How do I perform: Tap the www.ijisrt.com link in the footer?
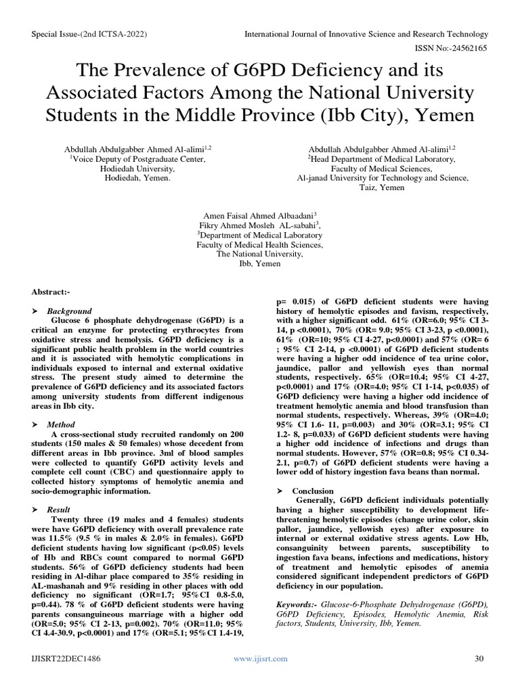point(260,658)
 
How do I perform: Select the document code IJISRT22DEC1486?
point(64,658)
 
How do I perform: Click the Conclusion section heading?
point(313,491)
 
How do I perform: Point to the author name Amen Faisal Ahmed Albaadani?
point(259,215)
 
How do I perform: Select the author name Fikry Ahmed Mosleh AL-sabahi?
point(259,225)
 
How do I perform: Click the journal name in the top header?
point(366,34)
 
